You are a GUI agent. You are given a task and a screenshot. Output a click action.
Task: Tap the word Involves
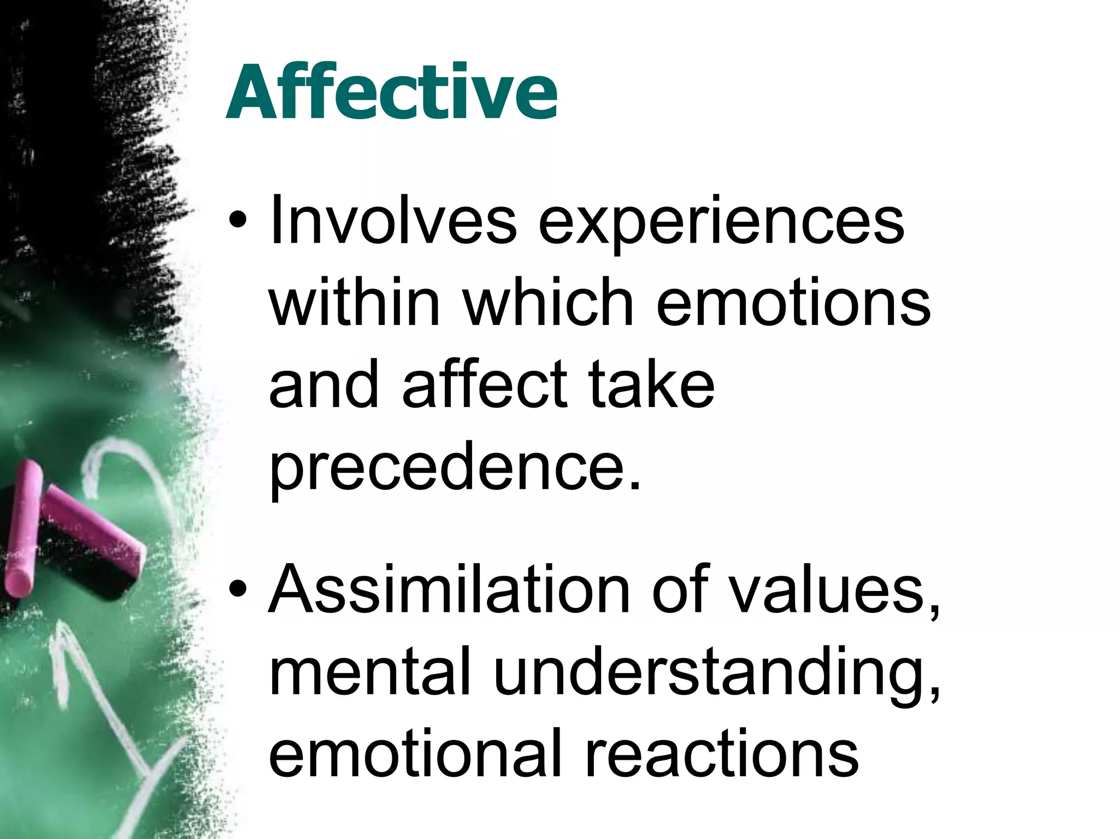point(392,221)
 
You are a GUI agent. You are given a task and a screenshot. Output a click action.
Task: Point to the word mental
point(369,672)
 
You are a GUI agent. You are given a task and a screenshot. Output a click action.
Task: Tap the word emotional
point(415,754)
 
